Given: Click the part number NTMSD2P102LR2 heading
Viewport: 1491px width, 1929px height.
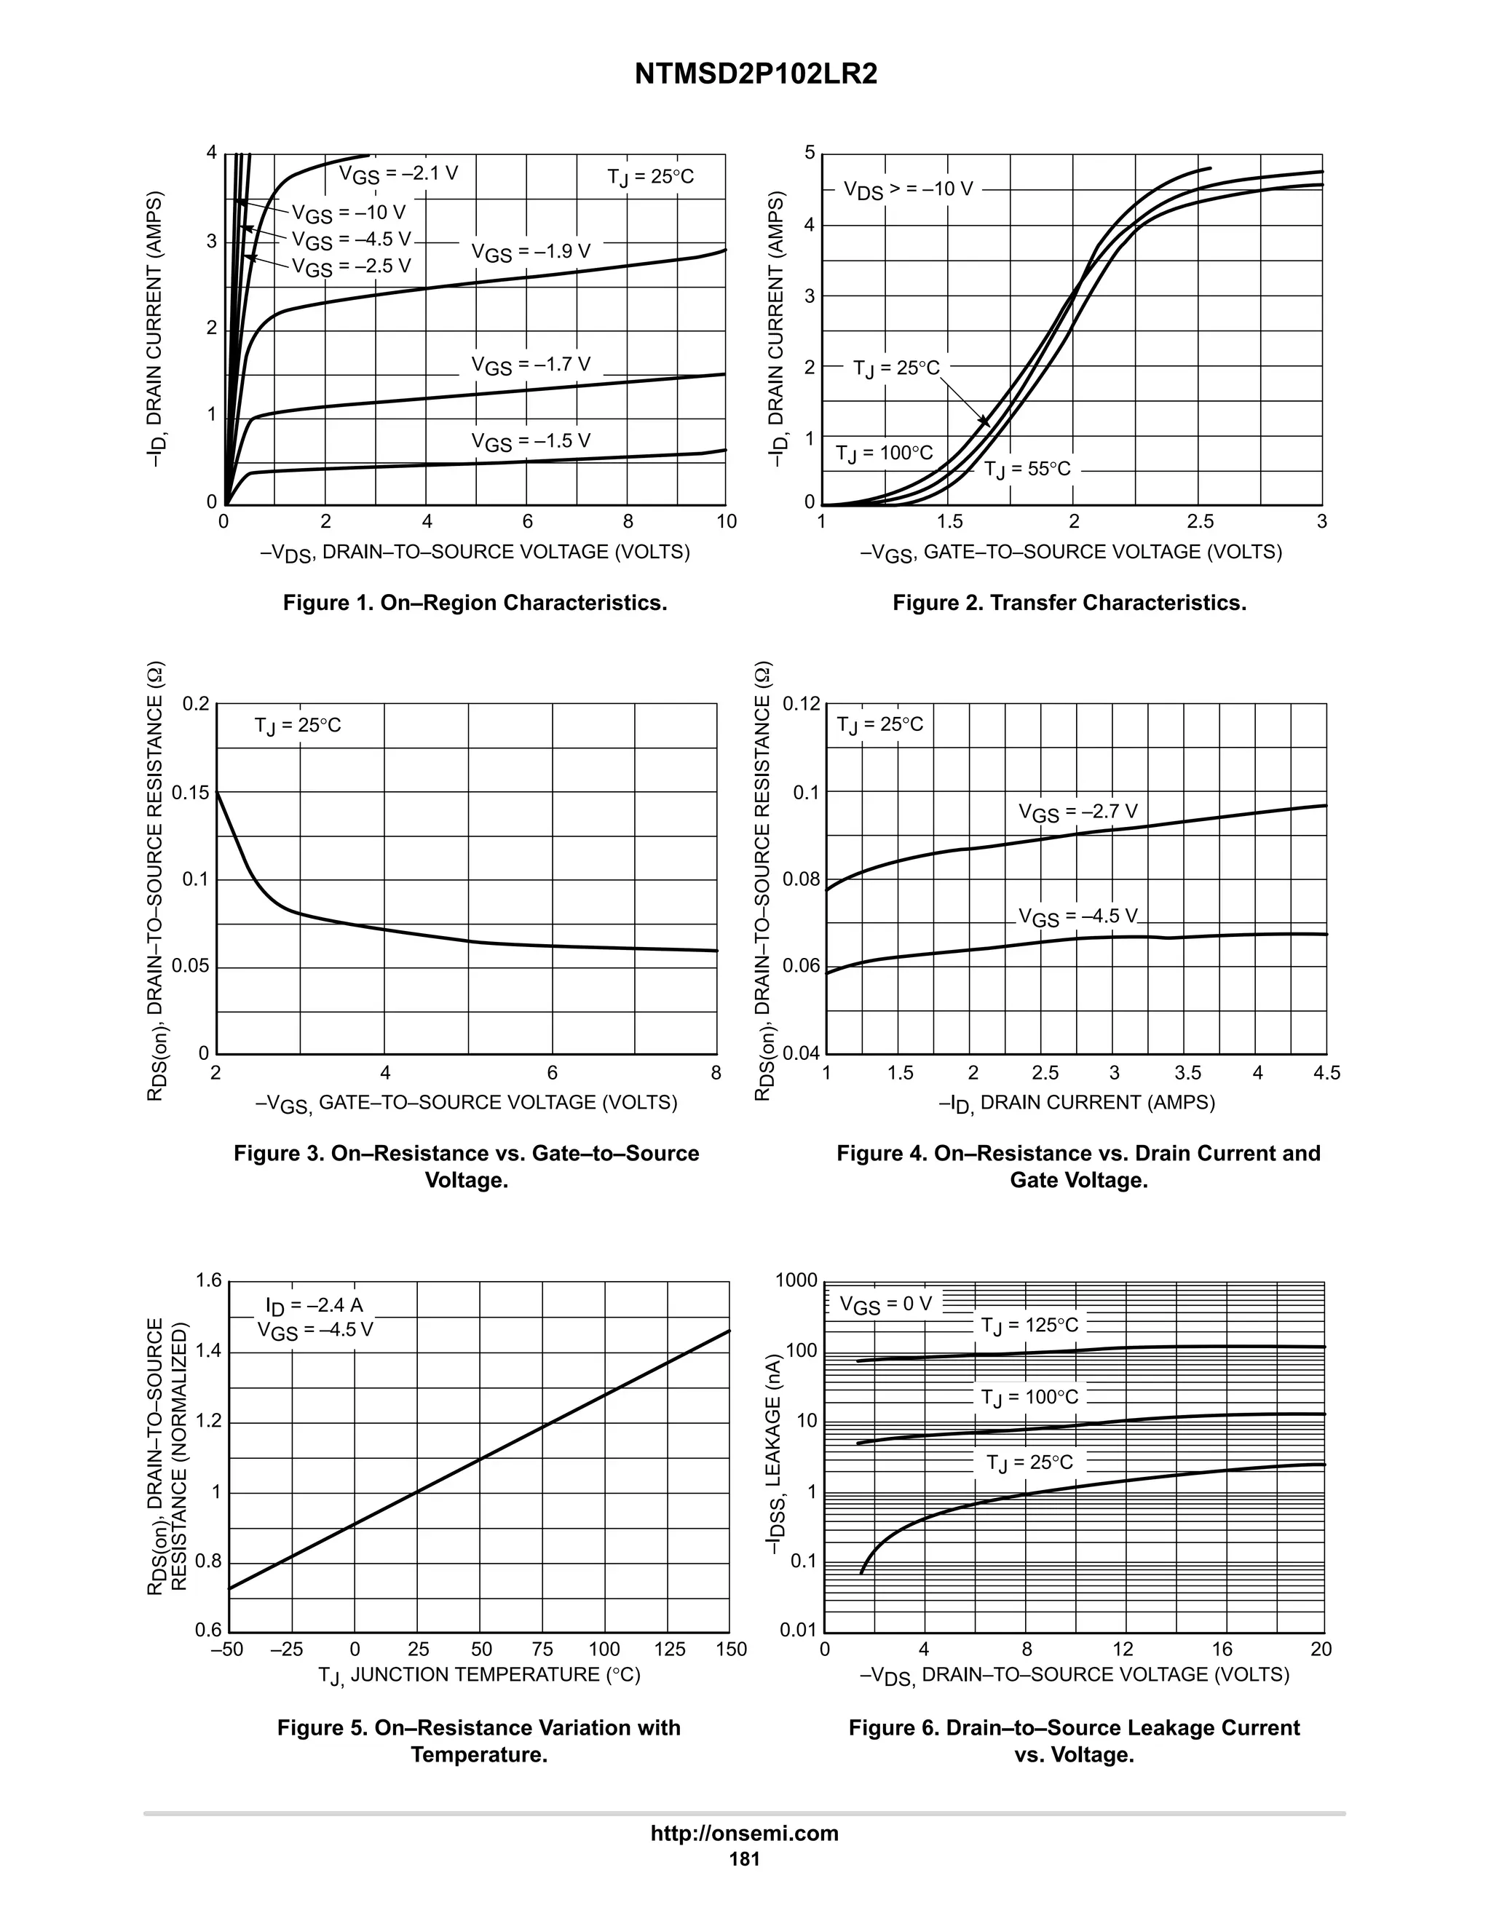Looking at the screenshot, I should point(755,75).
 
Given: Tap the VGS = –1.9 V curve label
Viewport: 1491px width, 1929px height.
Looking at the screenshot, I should point(530,253).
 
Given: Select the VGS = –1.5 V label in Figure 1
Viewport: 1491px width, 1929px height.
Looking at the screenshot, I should point(530,442).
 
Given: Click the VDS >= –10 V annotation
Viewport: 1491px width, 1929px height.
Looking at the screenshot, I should point(907,190).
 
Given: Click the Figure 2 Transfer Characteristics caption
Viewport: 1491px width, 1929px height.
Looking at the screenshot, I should point(1069,603).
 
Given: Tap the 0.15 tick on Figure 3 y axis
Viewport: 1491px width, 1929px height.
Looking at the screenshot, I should point(190,792).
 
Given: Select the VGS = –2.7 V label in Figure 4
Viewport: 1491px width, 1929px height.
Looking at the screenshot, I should point(1077,812).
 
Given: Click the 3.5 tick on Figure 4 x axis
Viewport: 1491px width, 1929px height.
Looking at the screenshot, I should point(1187,1073).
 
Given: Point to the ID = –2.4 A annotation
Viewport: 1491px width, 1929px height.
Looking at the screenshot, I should point(314,1305).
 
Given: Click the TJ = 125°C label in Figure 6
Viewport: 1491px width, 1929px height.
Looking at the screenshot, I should point(1029,1326).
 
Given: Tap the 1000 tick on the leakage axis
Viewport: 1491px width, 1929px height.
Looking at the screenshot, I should point(796,1280).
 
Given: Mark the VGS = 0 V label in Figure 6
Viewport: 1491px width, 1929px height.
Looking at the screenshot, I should point(885,1304).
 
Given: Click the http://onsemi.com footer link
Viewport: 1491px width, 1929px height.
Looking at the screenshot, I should point(745,1833).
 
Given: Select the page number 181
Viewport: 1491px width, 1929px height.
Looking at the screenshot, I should point(745,1858).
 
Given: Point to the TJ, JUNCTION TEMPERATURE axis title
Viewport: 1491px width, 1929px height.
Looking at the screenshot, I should point(479,1676).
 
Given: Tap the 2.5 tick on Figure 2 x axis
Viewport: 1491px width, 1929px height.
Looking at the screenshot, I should point(1200,522).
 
